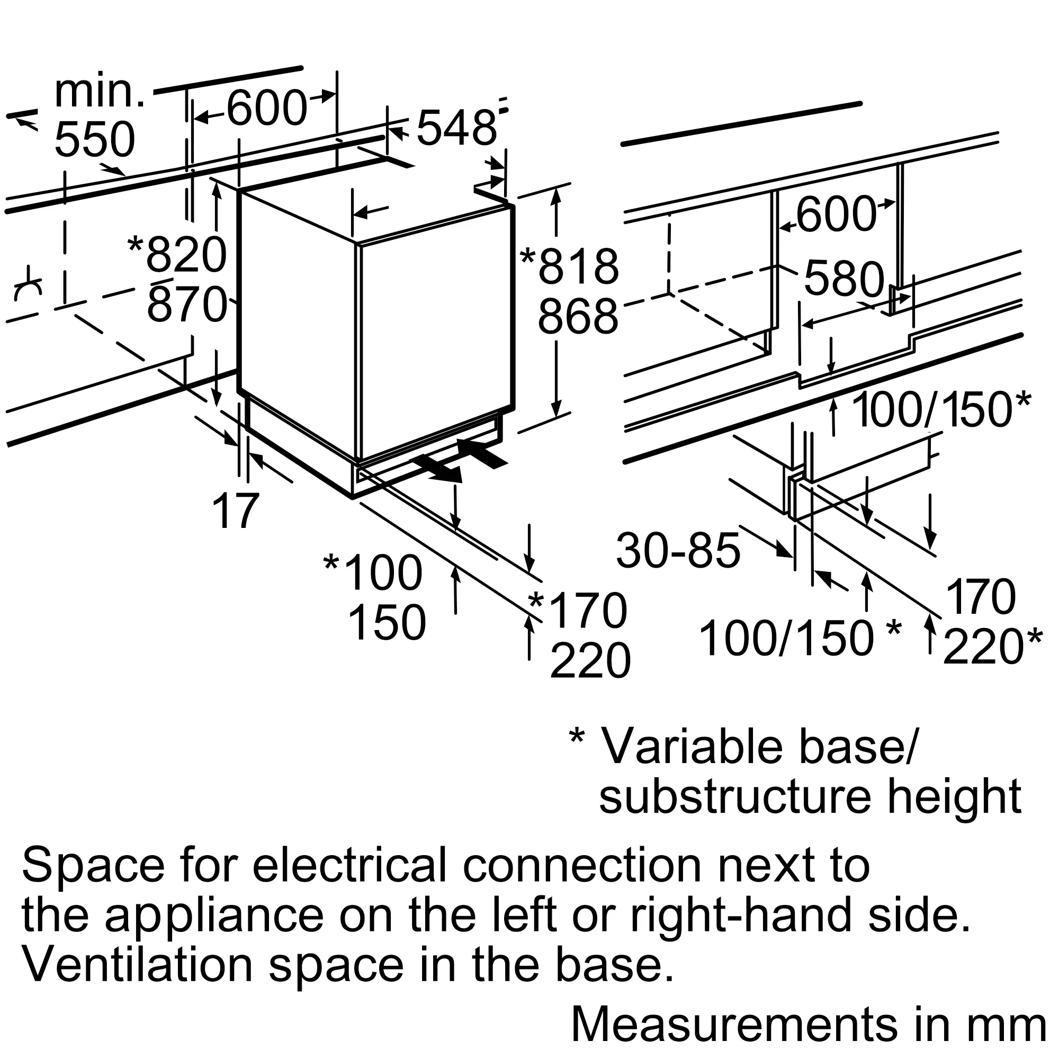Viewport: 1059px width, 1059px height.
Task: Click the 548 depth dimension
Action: (456, 128)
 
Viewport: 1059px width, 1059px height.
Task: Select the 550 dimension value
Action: (95, 140)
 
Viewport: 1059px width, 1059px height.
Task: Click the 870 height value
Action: (186, 305)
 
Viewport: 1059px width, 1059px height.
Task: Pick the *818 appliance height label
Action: (570, 266)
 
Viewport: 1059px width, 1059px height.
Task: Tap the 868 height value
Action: (578, 317)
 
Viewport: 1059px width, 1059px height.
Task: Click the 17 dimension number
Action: (236, 511)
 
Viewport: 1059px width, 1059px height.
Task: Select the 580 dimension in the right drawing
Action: (844, 279)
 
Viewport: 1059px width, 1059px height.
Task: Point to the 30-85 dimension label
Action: (678, 550)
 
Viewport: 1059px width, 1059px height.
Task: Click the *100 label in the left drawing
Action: (373, 573)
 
